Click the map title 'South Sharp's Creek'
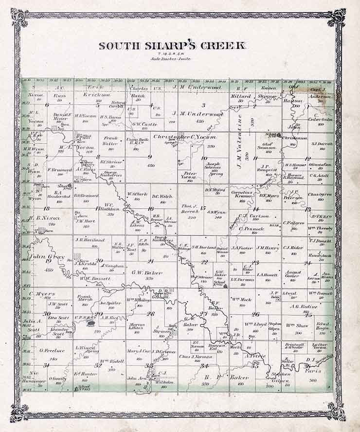point(172,46)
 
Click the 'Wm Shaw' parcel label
point(297,325)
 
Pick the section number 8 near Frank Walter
point(99,157)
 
